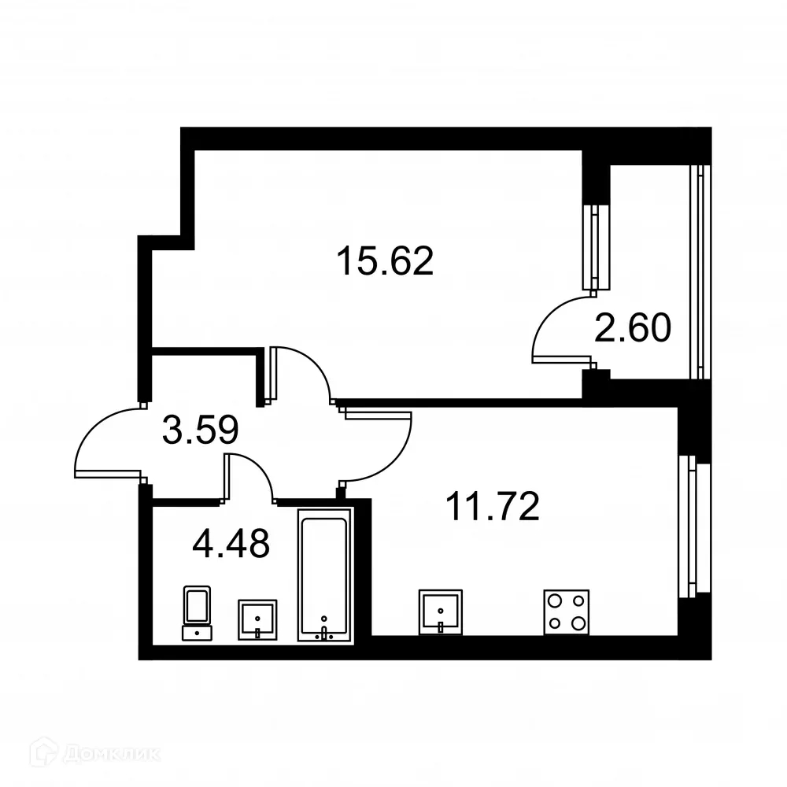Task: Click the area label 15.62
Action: pyautogui.click(x=385, y=261)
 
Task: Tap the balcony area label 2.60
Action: pyautogui.click(x=633, y=328)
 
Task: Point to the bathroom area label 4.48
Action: pyautogui.click(x=231, y=542)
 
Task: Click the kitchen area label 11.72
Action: pyautogui.click(x=492, y=508)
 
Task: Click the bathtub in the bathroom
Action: pyautogui.click(x=323, y=575)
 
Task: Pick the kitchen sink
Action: pyautogui.click(x=441, y=611)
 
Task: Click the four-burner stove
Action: pyautogui.click(x=567, y=611)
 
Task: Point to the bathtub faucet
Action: pyautogui.click(x=323, y=632)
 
